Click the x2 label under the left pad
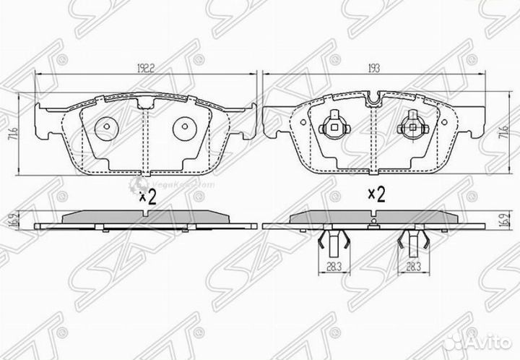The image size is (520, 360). pos(147,197)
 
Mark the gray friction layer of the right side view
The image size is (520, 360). pos(373,216)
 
